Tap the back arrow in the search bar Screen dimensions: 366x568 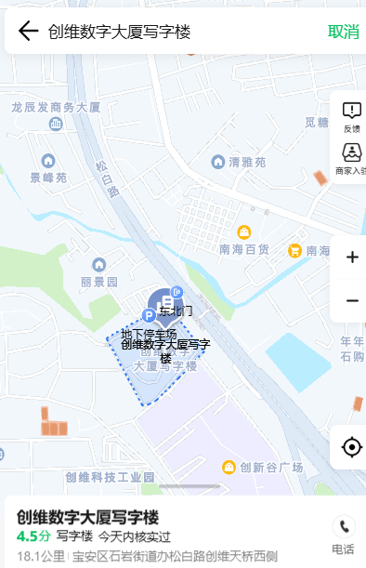(x=28, y=32)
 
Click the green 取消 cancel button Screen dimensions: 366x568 (x=343, y=32)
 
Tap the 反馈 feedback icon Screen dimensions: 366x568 (x=351, y=116)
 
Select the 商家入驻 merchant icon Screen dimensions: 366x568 (x=351, y=157)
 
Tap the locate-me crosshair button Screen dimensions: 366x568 (x=351, y=447)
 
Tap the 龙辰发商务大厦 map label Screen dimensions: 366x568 (x=56, y=108)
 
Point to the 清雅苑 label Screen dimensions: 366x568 (x=246, y=162)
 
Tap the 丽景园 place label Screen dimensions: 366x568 (x=98, y=281)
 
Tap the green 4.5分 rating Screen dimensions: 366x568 (x=33, y=536)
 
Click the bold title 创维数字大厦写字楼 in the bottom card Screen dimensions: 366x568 (x=88, y=517)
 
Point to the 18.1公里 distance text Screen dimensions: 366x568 (x=40, y=556)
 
